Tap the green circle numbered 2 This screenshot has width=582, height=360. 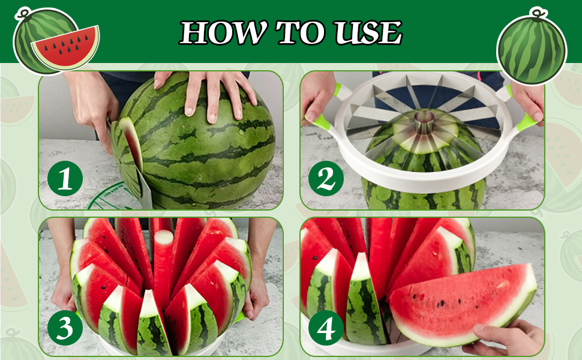(x=326, y=178)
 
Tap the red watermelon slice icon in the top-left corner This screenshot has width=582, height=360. (x=65, y=47)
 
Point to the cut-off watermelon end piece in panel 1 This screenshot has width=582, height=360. (x=129, y=144)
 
